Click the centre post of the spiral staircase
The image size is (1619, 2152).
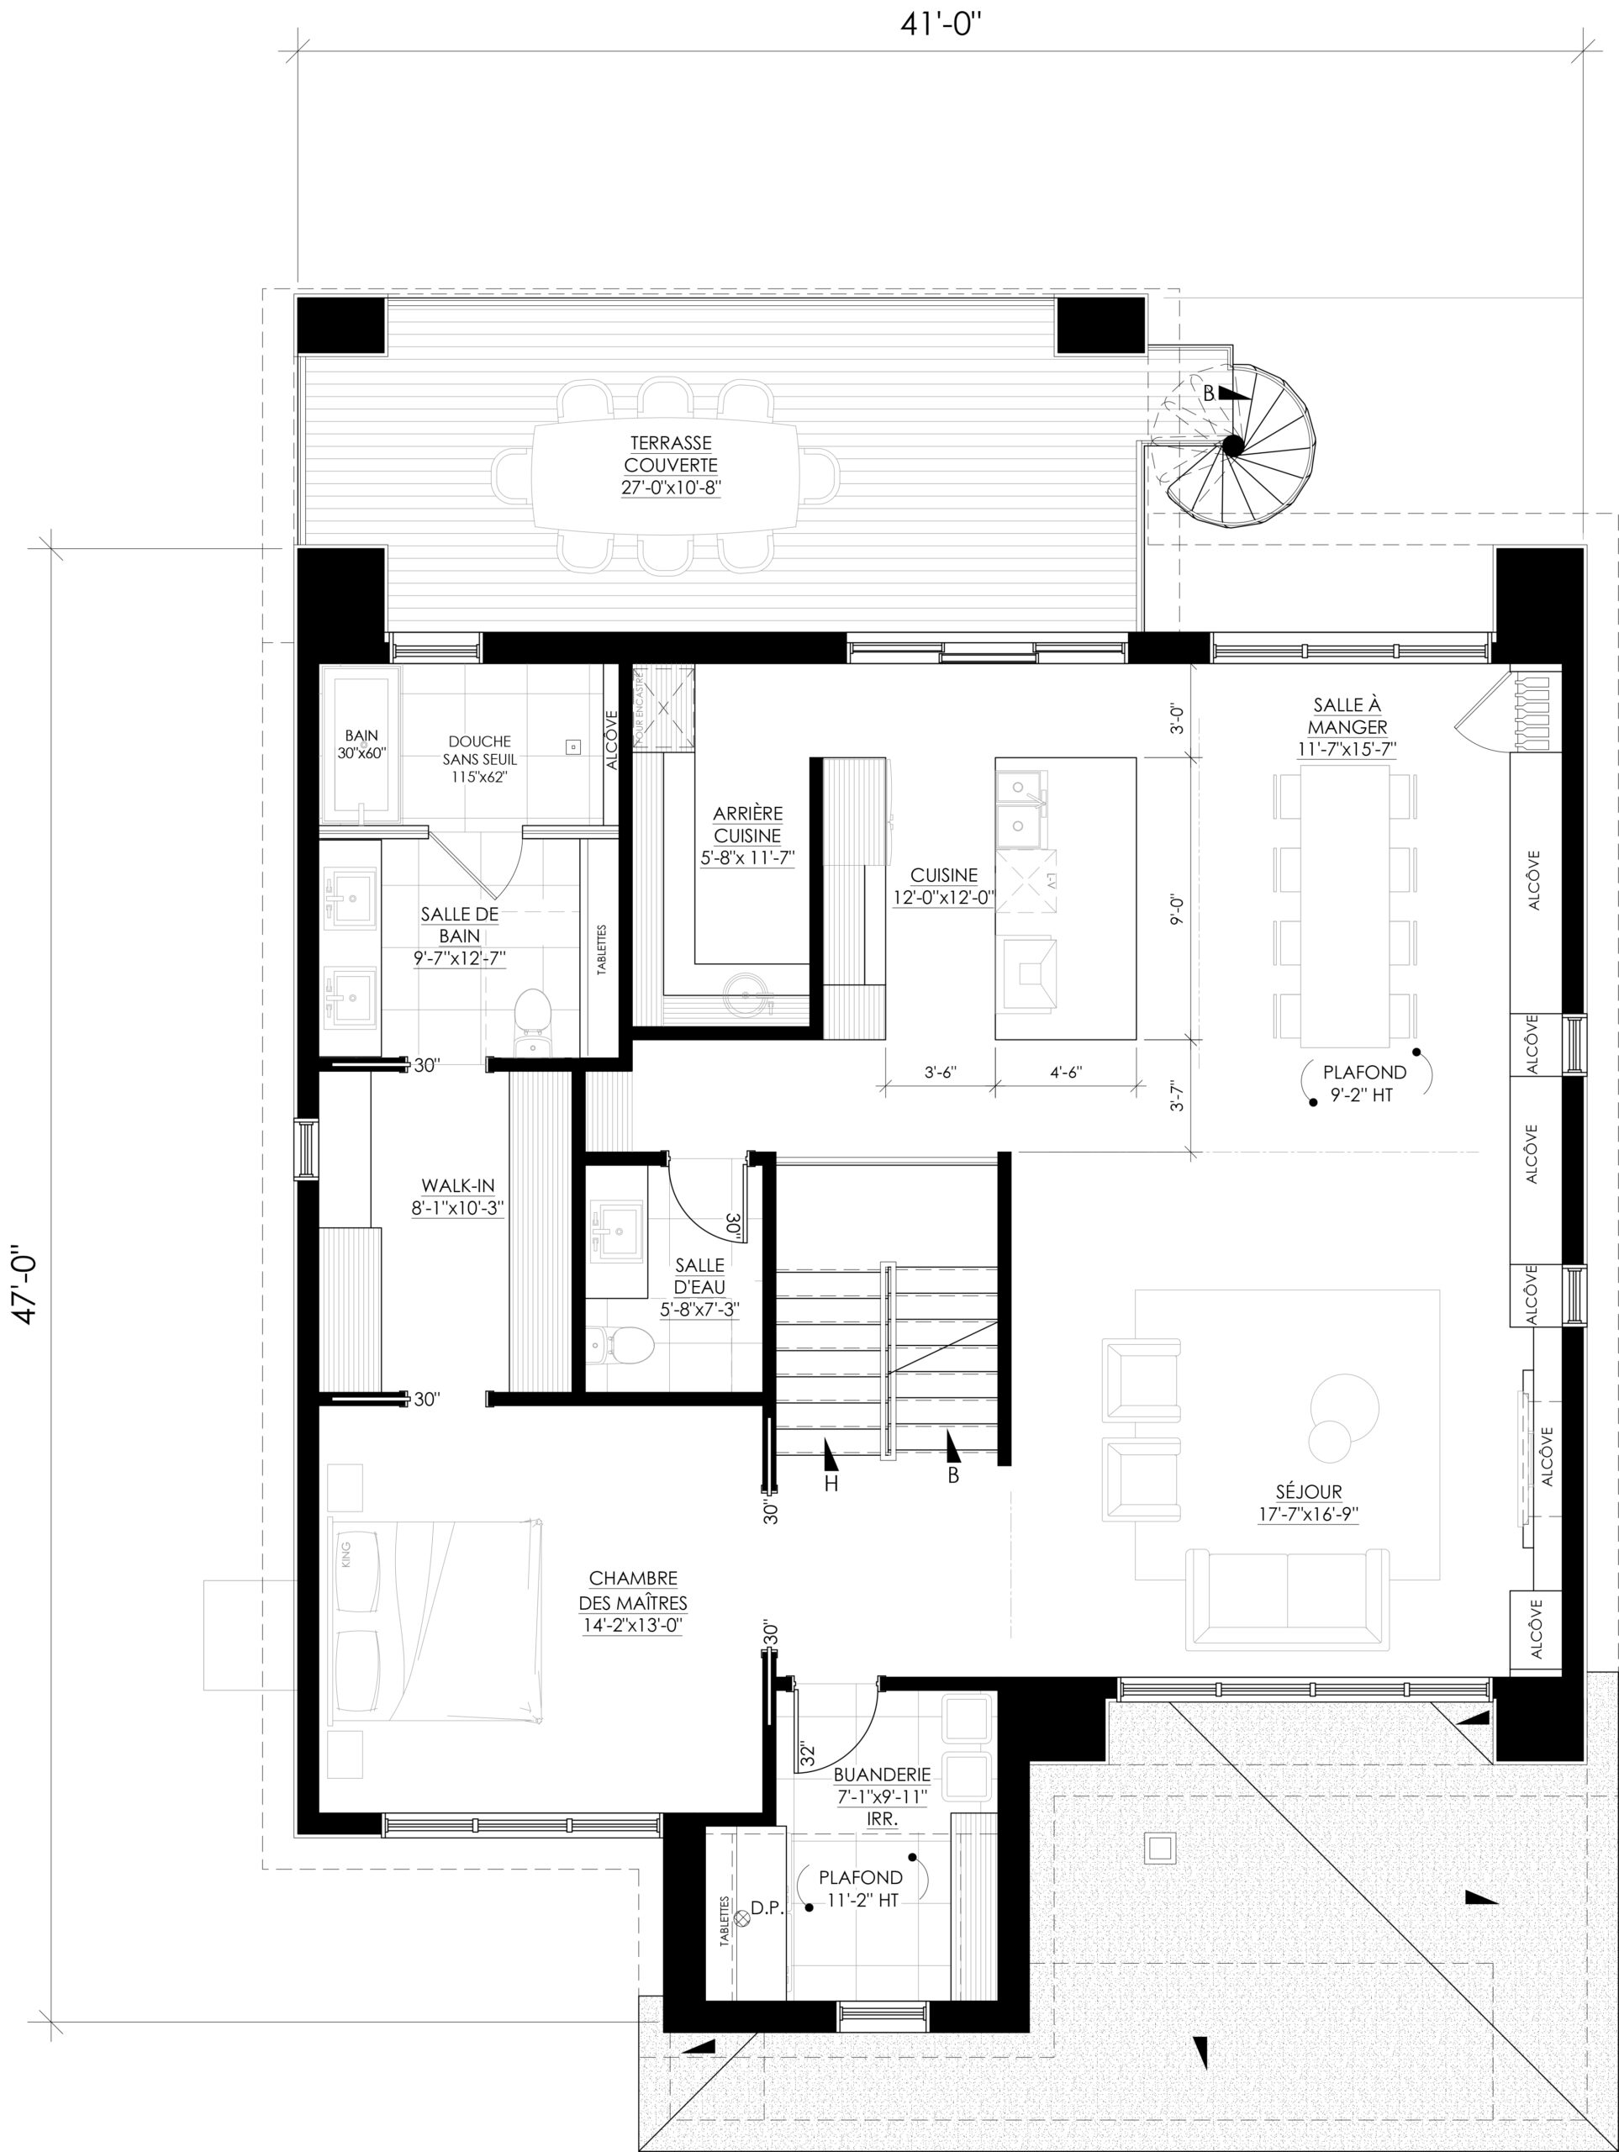pos(1231,446)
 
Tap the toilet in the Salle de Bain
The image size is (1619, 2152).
pos(531,1021)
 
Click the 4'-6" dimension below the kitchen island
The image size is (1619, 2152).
pos(1067,1072)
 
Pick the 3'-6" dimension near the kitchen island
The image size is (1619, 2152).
pos(941,1072)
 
